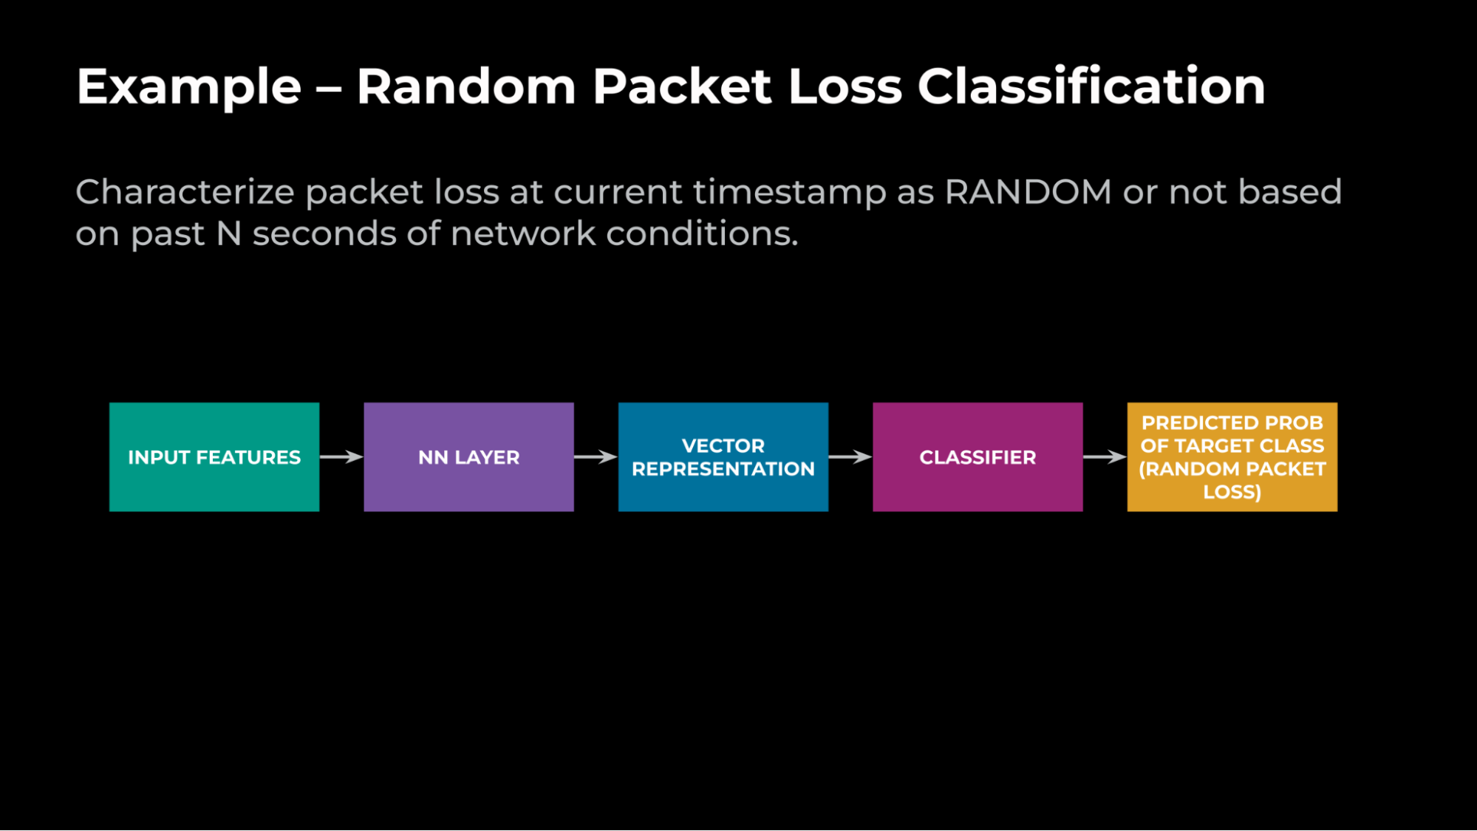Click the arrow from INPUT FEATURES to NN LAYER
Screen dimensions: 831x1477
341,457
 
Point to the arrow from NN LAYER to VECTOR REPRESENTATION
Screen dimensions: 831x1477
596,457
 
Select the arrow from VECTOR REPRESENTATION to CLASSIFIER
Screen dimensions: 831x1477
850,457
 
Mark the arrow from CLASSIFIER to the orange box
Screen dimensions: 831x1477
1105,457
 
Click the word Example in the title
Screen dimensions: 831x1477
189,87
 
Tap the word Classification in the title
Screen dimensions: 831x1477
1091,87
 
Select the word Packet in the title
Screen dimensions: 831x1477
682,87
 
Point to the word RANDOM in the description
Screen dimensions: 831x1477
1028,192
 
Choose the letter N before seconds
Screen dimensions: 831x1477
229,234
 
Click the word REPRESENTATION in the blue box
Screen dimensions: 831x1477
723,469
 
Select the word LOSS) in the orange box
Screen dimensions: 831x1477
1232,492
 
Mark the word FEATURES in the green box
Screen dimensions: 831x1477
248,458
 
